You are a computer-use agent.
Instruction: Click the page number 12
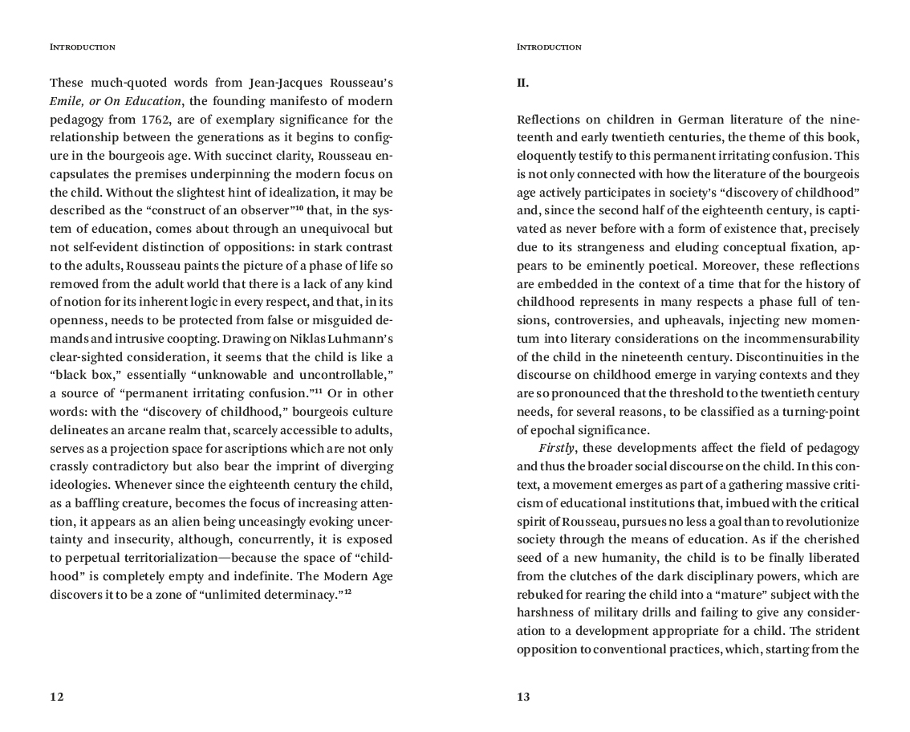tap(56, 697)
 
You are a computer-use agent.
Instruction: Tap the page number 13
tap(523, 697)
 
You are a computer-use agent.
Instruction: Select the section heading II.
tap(522, 83)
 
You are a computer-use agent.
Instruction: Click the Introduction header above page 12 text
tap(82, 47)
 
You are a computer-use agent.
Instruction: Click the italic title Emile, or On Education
tap(116, 101)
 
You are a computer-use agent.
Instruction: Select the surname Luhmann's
tap(366, 339)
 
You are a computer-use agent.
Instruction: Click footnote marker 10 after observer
tap(299, 208)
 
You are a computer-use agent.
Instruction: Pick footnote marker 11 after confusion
tap(318, 391)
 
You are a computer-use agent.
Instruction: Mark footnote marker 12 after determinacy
tap(349, 592)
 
